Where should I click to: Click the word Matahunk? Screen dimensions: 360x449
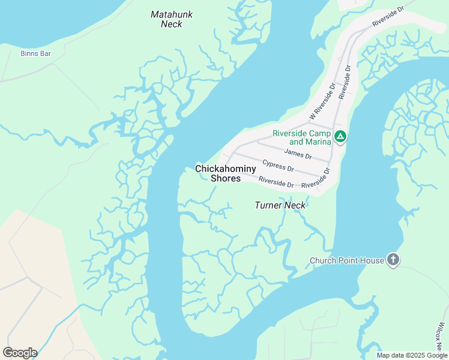(172, 14)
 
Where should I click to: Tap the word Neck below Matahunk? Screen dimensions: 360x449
(172, 24)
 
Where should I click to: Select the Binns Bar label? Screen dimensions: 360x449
(35, 53)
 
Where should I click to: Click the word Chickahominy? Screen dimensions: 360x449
(226, 169)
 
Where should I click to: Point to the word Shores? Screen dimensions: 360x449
(226, 178)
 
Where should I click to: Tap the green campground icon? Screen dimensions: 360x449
(340, 137)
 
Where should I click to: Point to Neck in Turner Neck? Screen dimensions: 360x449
(295, 205)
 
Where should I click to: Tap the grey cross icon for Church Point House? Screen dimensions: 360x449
(393, 260)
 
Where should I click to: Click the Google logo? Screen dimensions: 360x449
(20, 353)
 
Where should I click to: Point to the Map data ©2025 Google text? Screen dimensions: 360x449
(411, 355)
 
